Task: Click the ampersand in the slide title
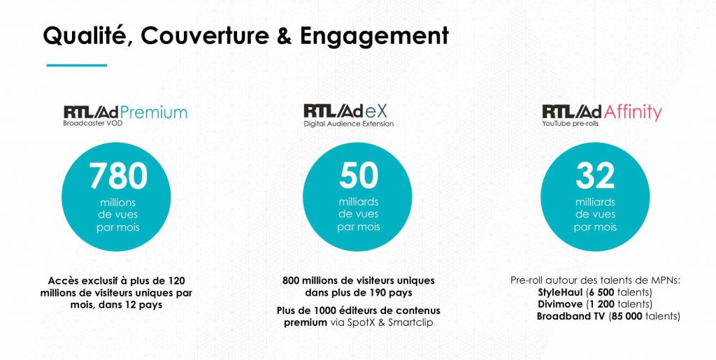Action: tap(284, 36)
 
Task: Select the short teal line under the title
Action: tap(77, 65)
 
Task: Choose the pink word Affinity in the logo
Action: tap(632, 113)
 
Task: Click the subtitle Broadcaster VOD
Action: tap(93, 123)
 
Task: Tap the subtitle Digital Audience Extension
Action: tap(348, 124)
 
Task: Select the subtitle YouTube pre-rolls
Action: tap(571, 124)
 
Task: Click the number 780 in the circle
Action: tap(117, 176)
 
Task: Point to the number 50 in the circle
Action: tap(359, 175)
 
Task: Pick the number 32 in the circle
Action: tap(595, 175)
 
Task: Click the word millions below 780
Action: tap(117, 203)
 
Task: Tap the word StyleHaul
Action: tap(560, 292)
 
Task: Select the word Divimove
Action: tap(560, 304)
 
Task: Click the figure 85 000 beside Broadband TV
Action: tap(627, 316)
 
